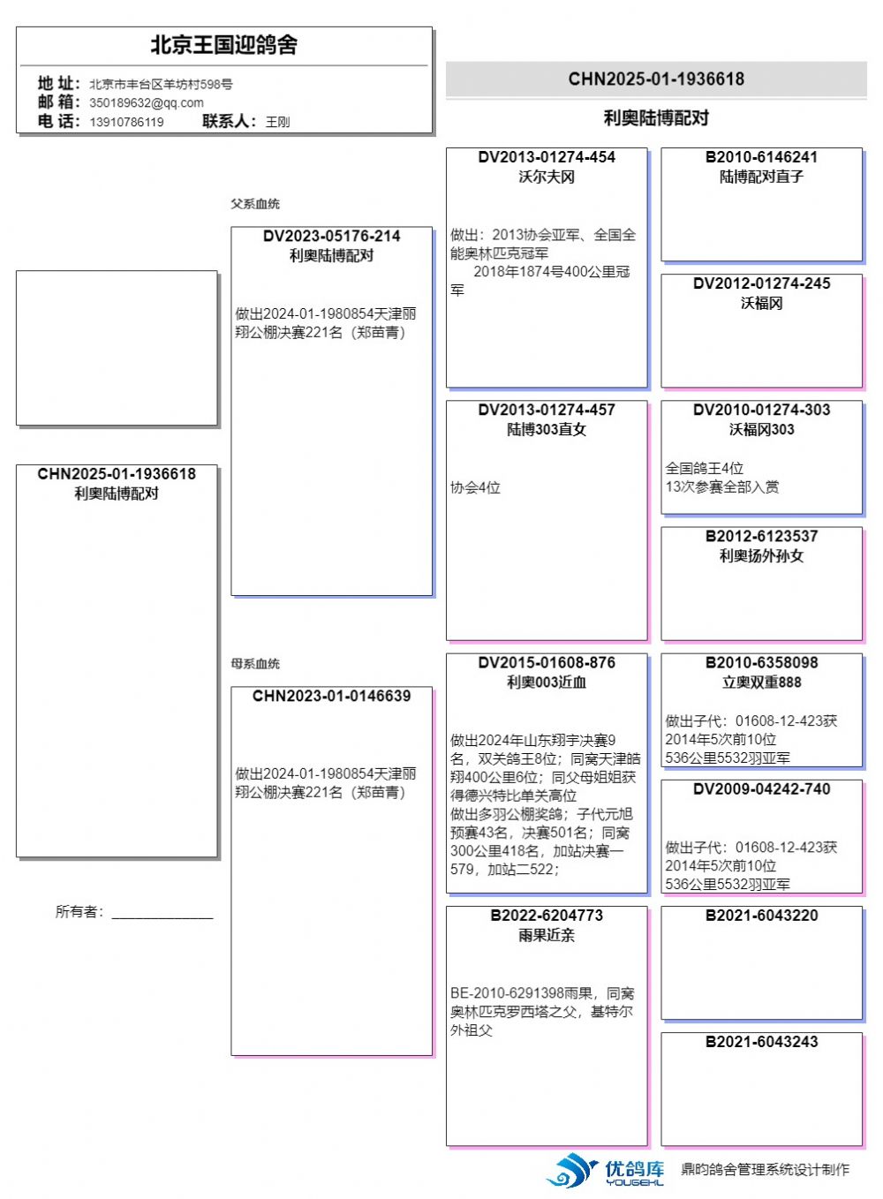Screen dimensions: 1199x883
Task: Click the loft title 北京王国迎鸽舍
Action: [x=223, y=45]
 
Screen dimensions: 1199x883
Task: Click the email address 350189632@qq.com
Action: [x=147, y=103]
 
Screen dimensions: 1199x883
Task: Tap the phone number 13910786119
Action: [x=126, y=122]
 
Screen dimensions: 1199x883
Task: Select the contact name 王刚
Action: [x=277, y=122]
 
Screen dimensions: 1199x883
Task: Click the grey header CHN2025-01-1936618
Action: [x=656, y=79]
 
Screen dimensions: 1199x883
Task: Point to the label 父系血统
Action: [x=255, y=204]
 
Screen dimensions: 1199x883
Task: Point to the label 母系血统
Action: [x=255, y=664]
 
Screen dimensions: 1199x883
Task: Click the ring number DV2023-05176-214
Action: [x=331, y=237]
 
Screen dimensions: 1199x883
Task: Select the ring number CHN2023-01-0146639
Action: [x=331, y=697]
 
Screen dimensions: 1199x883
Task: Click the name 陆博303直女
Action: [x=547, y=430]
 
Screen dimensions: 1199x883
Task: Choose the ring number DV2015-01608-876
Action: [x=547, y=663]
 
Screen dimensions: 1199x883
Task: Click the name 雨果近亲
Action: [x=547, y=936]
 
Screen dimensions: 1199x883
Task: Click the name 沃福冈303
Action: [x=761, y=430]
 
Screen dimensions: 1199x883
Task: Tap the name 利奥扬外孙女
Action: [x=761, y=556]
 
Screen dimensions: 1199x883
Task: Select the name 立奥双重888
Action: [x=761, y=682]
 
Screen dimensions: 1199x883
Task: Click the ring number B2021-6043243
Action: [x=761, y=1043]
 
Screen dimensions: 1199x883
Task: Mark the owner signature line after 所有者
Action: [x=162, y=915]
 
